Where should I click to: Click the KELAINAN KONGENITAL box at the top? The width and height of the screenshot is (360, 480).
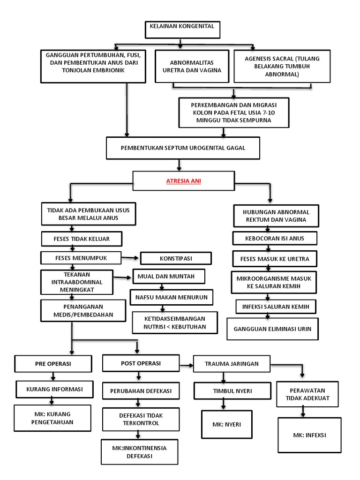click(181, 30)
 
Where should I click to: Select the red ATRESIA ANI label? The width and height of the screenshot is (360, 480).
click(183, 181)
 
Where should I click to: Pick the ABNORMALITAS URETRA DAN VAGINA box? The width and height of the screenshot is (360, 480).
click(192, 67)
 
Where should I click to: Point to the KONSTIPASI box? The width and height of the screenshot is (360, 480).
click(176, 258)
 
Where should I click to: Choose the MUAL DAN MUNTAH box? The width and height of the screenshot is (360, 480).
click(169, 276)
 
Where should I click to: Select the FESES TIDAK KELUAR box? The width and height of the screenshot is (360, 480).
click(82, 239)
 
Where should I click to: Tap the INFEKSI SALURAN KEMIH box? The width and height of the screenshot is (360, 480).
click(276, 307)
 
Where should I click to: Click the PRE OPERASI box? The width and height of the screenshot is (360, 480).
click(52, 364)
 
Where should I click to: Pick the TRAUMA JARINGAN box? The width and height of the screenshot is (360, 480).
click(232, 364)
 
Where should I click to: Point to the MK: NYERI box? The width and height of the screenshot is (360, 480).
click(226, 425)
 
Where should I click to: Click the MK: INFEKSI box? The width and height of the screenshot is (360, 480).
click(309, 435)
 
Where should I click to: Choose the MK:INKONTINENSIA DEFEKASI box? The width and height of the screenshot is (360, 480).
click(139, 451)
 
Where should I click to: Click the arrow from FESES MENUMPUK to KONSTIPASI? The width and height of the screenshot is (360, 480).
click(130, 257)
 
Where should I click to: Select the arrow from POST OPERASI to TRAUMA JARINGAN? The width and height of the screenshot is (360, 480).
click(187, 364)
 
